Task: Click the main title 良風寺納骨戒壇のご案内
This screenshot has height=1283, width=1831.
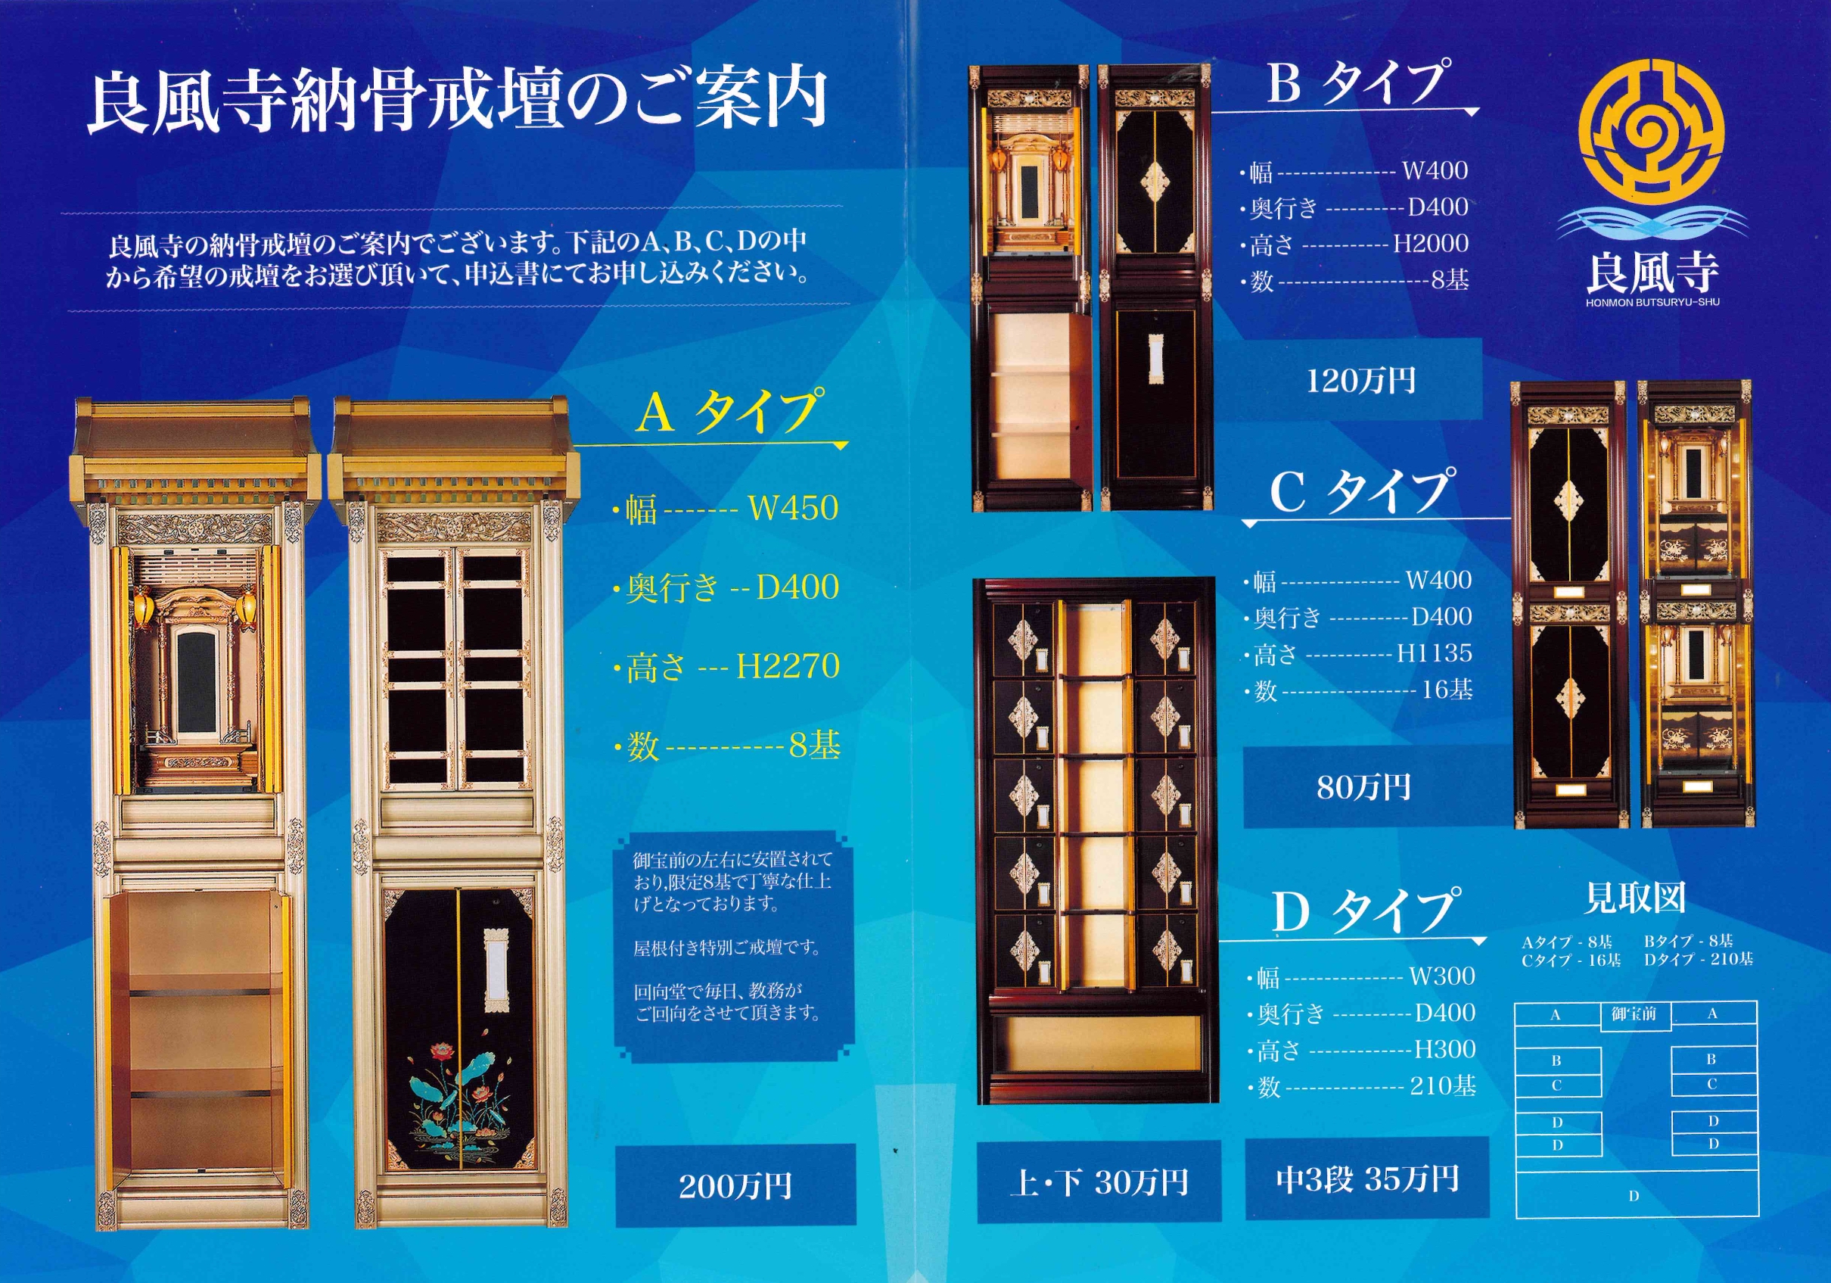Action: click(x=456, y=101)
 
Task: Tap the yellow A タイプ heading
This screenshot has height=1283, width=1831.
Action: click(x=726, y=412)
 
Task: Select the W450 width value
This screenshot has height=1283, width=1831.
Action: click(x=793, y=507)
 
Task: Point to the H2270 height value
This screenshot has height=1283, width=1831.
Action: click(x=788, y=666)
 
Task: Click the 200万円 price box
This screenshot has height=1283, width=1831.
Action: click(x=735, y=1185)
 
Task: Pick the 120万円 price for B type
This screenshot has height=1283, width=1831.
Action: click(x=1360, y=381)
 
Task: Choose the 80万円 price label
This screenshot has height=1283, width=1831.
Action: click(x=1363, y=787)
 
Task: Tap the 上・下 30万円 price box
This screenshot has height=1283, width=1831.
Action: click(x=1099, y=1182)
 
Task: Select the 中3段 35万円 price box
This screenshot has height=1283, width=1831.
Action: click(x=1367, y=1179)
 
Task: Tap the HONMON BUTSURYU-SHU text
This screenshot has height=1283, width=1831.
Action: click(x=1652, y=304)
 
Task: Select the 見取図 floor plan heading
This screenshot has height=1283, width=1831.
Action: click(x=1635, y=898)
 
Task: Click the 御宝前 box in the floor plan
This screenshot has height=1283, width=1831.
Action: click(x=1635, y=1015)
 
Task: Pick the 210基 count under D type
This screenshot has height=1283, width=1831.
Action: click(x=1443, y=1086)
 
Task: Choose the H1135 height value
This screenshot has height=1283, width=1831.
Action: click(x=1434, y=653)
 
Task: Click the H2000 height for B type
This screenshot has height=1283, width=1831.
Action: click(x=1430, y=244)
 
